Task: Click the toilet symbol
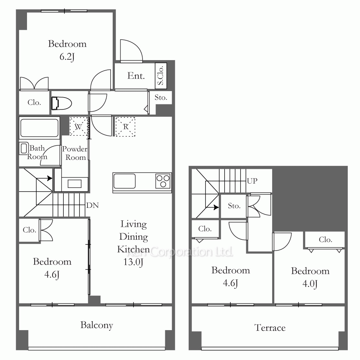pos(61,103)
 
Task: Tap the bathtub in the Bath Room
pos(40,128)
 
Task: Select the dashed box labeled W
pos(78,126)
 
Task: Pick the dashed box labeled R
pos(125,127)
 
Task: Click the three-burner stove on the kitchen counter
pos(163,181)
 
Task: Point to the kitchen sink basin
pos(125,181)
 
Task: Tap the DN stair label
pos(93,205)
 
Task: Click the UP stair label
pos(252,181)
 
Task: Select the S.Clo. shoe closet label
pos(161,76)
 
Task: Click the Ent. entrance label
pos(136,76)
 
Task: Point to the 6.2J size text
pos(67,57)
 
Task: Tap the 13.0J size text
pos(134,262)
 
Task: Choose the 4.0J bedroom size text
pos(310,284)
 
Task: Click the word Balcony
pos(96,325)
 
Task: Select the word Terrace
pos(270,328)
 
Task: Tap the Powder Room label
pos(75,153)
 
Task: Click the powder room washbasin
pos(75,184)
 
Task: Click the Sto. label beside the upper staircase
pos(234,206)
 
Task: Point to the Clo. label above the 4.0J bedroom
pos(325,240)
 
